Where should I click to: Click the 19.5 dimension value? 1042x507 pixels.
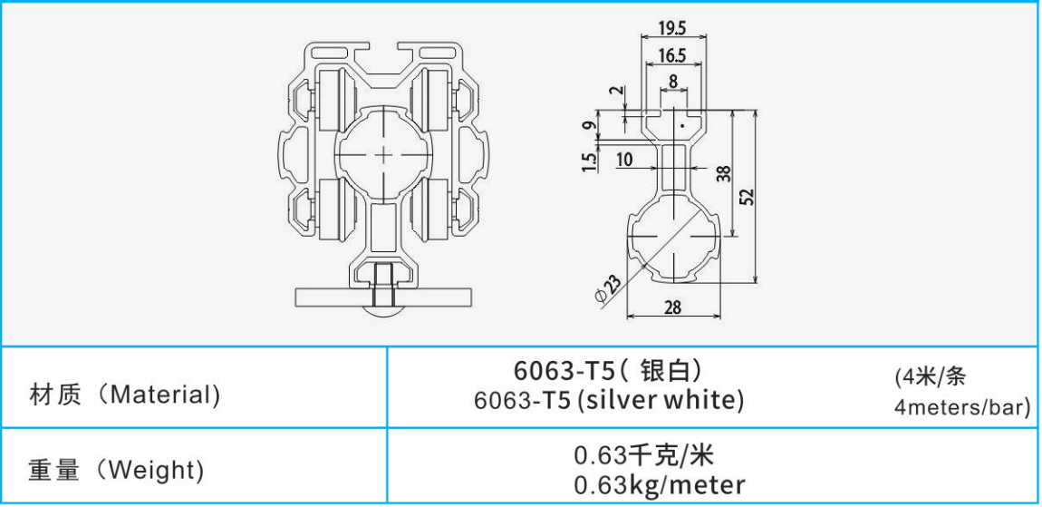click(x=671, y=26)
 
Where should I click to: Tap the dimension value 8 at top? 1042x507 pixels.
click(x=671, y=82)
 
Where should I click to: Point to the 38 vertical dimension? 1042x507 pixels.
click(x=723, y=174)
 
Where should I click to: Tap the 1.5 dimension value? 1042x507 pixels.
click(x=590, y=161)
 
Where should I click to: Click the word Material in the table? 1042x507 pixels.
click(x=164, y=395)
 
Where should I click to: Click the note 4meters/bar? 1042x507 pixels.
click(x=961, y=408)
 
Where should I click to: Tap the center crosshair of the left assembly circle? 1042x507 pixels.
click(x=384, y=154)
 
